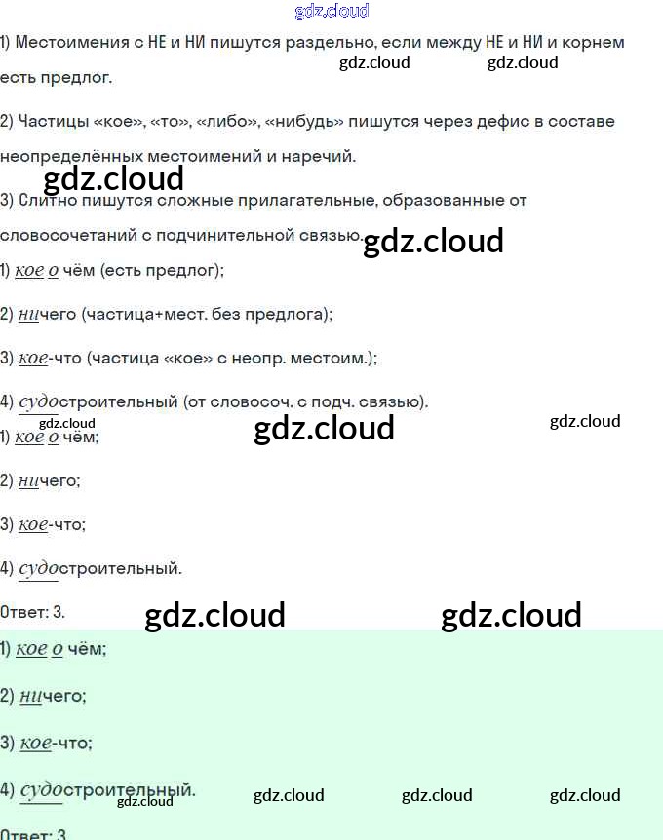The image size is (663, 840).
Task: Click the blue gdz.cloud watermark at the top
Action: pyautogui.click(x=331, y=12)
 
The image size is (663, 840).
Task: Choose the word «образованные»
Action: pyautogui.click(x=438, y=201)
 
